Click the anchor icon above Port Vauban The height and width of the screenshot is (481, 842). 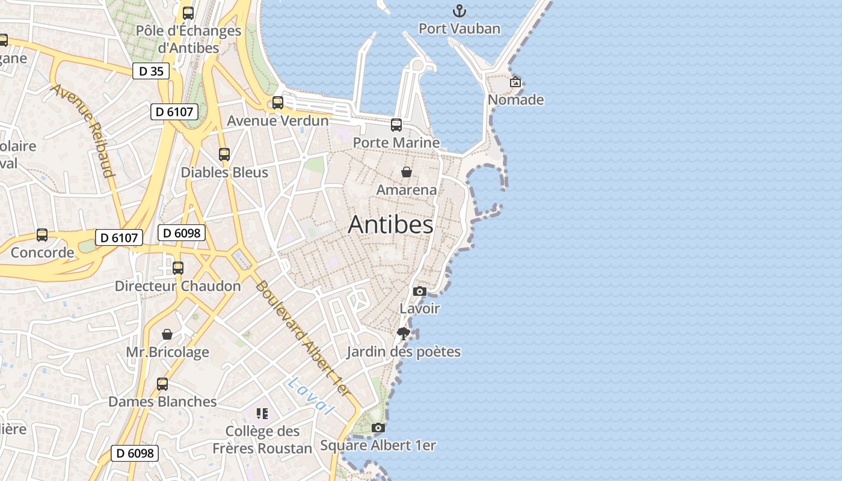coord(459,11)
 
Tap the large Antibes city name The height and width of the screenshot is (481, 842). coord(390,225)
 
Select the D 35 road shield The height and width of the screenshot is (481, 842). coord(151,71)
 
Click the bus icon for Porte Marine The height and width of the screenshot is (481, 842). coord(396,125)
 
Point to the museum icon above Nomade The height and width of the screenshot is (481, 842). coord(515,82)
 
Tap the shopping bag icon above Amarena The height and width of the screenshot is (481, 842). coord(407,172)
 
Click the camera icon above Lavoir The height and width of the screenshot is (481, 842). coord(420,292)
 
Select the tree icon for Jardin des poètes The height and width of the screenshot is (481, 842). coord(404,334)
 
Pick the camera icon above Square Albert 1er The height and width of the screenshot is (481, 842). coord(378,428)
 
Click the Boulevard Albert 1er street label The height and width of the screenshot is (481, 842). coord(302,339)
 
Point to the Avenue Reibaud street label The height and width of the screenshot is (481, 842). coord(83,130)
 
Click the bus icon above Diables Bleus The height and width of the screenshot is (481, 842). coord(224,155)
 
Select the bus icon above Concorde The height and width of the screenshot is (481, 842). coord(42,235)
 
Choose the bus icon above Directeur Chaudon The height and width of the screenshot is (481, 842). coord(178,268)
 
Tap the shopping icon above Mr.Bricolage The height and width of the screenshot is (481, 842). coord(167,334)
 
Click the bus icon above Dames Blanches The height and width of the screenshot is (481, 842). coord(162,384)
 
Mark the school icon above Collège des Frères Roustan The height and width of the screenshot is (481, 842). coord(262,414)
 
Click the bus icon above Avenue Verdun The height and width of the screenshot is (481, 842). coord(278,103)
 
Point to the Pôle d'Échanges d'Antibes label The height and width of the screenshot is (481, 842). coord(188,38)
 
